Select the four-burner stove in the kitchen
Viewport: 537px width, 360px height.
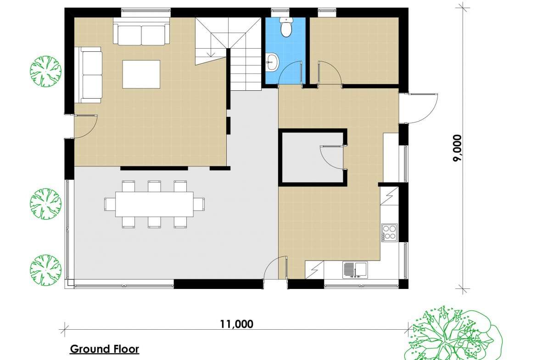[x=389, y=233]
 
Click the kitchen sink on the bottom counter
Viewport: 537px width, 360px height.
[x=355, y=270]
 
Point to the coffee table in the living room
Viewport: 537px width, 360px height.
[x=141, y=74]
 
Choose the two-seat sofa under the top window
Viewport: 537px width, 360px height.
[x=141, y=34]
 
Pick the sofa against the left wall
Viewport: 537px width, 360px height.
[x=91, y=75]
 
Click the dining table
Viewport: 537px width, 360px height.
[x=154, y=204]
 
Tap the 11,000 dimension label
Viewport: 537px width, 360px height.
[x=236, y=324]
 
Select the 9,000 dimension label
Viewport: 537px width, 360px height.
[x=458, y=148]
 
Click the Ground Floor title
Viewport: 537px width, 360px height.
[x=105, y=349]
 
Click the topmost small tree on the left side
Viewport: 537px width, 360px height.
[x=45, y=71]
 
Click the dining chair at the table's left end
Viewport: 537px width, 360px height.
[x=110, y=204]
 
